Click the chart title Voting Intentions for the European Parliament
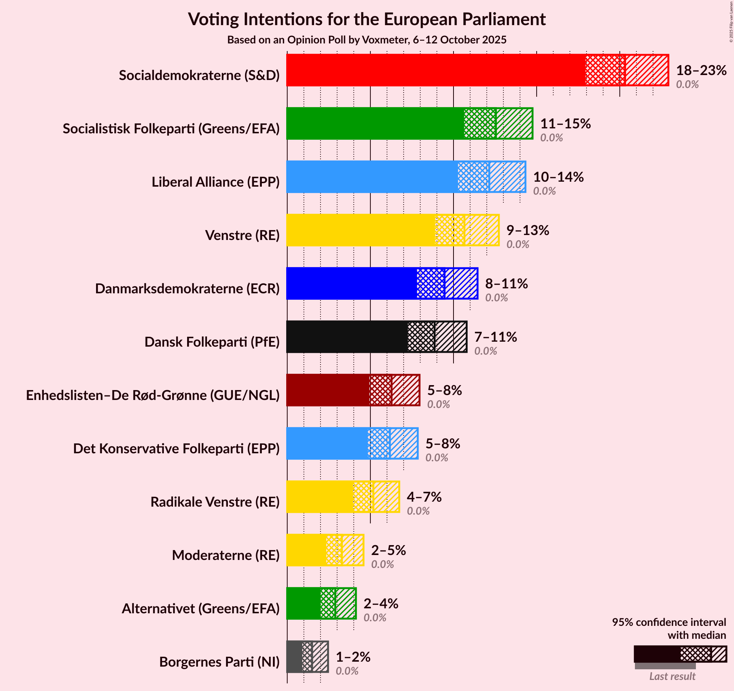[367, 19]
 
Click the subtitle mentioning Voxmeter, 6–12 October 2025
[367, 40]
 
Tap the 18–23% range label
[701, 70]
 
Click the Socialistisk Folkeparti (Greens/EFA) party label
[171, 129]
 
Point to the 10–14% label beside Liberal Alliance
[558, 177]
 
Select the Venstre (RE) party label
[242, 235]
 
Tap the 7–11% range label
[495, 337]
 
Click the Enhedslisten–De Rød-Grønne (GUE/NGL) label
[153, 395]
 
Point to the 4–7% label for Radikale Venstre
[424, 497]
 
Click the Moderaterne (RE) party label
[226, 555]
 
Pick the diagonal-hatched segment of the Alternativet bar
[346, 603]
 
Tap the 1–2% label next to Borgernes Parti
[353, 657]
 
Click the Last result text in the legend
[672, 676]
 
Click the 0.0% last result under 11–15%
[551, 138]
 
